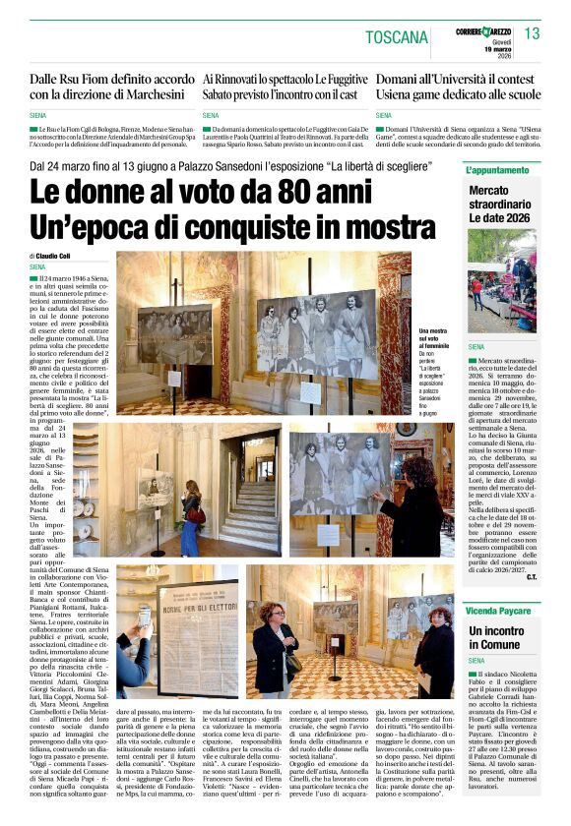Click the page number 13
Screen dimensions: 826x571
point(533,34)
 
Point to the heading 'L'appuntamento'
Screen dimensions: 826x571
point(499,171)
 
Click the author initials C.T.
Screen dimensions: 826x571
point(532,576)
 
